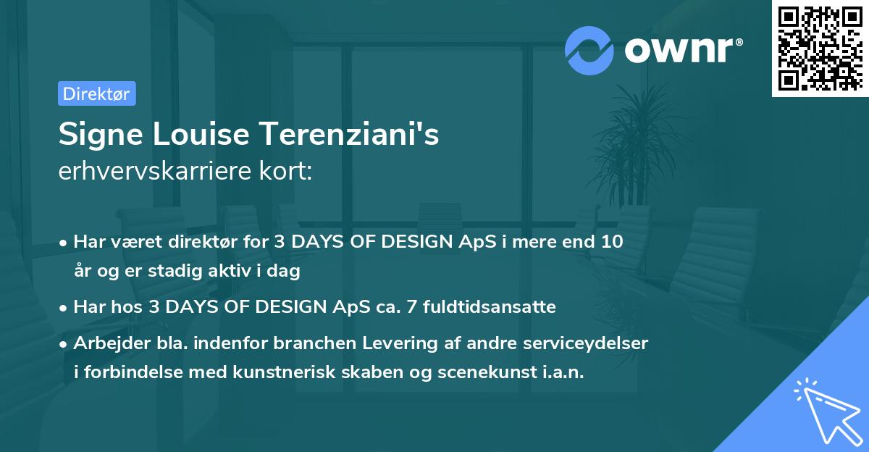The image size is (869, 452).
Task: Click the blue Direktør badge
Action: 97,93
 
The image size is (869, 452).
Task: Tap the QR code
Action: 820,49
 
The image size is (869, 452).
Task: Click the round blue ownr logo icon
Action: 589,51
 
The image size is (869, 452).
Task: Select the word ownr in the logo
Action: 679,50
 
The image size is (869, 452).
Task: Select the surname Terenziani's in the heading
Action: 349,134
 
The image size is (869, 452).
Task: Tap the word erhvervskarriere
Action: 155,171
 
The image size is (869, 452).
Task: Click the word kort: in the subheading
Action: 285,171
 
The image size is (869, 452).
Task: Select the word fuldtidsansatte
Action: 490,307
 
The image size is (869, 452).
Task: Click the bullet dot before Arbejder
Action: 63,344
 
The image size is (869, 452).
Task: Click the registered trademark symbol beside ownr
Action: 739,42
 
